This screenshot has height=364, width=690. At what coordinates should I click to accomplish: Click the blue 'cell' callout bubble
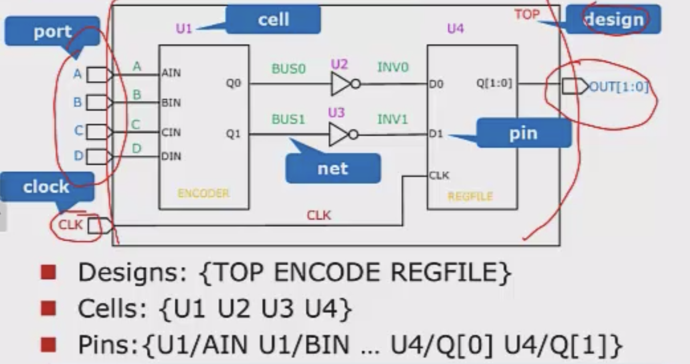click(x=273, y=20)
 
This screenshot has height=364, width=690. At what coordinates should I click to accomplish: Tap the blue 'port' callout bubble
click(x=52, y=32)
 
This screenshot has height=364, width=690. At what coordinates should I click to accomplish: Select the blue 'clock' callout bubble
click(x=46, y=187)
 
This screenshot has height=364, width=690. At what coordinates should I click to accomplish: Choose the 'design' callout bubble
click(x=613, y=20)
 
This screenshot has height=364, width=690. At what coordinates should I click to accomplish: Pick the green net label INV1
click(x=392, y=119)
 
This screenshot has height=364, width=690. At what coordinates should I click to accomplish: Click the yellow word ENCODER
click(x=203, y=194)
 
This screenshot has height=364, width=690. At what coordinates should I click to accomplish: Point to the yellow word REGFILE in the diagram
click(x=470, y=197)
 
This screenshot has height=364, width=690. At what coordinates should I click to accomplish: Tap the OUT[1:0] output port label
click(x=619, y=87)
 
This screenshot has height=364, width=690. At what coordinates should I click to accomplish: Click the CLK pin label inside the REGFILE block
click(x=440, y=175)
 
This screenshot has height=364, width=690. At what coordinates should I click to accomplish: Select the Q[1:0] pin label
click(x=494, y=83)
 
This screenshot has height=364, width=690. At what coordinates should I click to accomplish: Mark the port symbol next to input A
click(x=99, y=74)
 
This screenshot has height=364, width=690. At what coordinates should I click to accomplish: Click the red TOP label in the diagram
click(x=526, y=14)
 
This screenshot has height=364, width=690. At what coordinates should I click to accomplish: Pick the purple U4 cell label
click(x=455, y=28)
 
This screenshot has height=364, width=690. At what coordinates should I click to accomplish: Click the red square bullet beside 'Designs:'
click(x=49, y=272)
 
